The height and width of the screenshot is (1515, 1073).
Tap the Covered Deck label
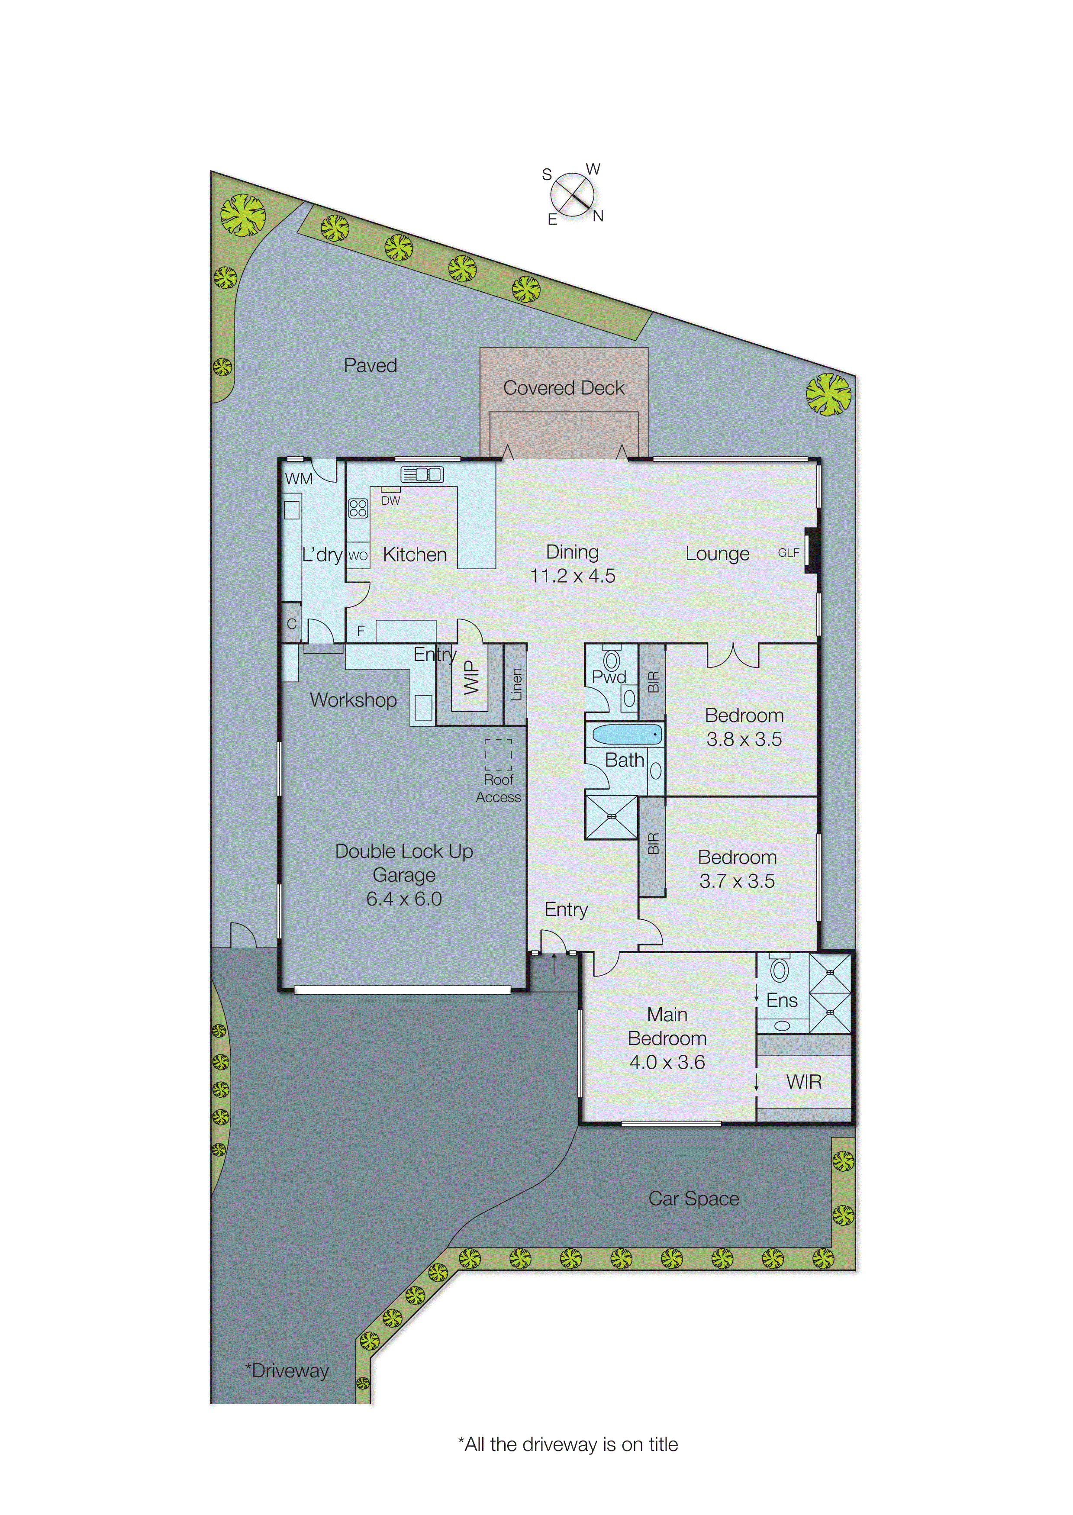[564, 388]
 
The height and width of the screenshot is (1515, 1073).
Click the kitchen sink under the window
[422, 474]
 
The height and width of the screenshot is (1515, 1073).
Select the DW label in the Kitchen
[390, 501]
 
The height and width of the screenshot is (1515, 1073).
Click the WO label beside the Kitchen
[358, 556]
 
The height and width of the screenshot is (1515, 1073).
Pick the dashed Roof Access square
[498, 754]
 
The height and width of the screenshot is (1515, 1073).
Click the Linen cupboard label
[516, 684]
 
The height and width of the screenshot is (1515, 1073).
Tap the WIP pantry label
[470, 678]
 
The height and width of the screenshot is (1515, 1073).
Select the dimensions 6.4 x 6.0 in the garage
[404, 899]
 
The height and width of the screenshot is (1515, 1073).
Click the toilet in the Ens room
[780, 970]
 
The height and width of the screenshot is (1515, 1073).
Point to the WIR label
[803, 1082]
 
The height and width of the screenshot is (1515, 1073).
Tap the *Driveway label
[287, 1370]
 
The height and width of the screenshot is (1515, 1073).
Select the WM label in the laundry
[299, 478]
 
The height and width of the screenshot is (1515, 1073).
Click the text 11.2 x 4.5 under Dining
[572, 575]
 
